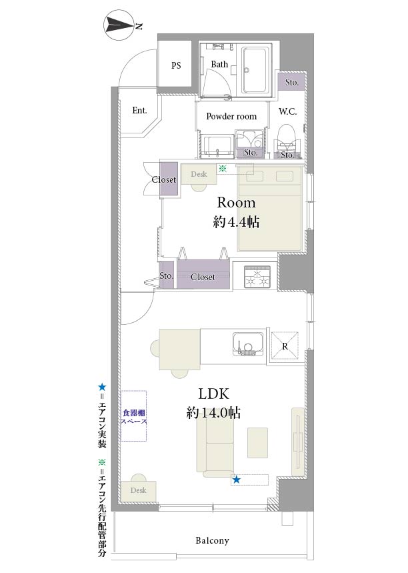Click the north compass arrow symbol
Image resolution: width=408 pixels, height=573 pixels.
tap(119, 26)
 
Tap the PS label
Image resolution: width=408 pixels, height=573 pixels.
tap(176, 65)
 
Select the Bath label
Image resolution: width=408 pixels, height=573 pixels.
tap(219, 64)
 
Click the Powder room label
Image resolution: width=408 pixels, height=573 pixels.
tap(231, 116)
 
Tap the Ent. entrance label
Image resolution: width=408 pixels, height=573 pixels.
tap(139, 110)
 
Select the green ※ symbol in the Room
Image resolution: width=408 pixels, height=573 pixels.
tap(222, 169)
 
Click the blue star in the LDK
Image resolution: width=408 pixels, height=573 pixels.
tap(236, 480)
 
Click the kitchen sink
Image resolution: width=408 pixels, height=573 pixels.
tap(247, 344)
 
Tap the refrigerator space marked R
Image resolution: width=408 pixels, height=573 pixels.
tap(285, 346)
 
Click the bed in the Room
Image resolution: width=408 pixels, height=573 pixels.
tap(269, 209)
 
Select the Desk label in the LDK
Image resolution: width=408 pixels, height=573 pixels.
tap(138, 490)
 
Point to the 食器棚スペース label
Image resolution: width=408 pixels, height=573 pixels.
tap(134, 417)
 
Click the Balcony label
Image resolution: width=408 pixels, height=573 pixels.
tap(212, 540)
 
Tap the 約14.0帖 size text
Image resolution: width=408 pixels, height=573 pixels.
tap(213, 413)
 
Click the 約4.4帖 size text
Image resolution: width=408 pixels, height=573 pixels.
tap(236, 221)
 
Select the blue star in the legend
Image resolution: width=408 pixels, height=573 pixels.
tap(102, 387)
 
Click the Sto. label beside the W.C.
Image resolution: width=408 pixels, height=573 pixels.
tap(291, 82)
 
